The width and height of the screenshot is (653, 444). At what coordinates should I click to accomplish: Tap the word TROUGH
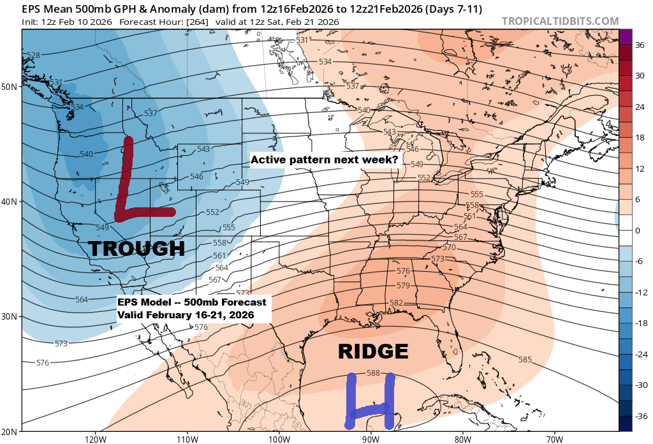136,248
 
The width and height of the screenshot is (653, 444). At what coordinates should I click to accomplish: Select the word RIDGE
372,352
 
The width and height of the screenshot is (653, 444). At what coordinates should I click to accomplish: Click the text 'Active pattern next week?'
325,160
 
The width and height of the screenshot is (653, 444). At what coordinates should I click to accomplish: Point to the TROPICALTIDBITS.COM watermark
560,21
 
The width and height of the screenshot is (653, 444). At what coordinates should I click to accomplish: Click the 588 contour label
374,373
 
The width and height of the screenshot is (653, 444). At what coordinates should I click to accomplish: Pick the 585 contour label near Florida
524,360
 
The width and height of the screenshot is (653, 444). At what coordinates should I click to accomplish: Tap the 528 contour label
33,56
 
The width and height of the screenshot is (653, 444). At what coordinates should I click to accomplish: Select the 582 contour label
396,302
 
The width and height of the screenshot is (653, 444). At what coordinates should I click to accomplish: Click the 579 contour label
403,285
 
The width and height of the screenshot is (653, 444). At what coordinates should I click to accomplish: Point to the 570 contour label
449,247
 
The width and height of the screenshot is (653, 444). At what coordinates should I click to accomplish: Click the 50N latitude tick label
10,86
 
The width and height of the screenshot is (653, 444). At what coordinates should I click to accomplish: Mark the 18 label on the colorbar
638,138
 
